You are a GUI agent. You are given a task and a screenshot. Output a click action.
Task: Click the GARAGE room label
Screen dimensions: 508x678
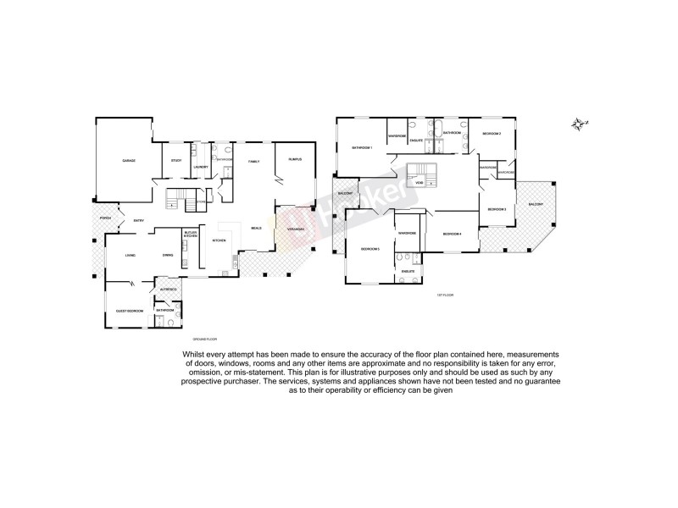tap(129, 160)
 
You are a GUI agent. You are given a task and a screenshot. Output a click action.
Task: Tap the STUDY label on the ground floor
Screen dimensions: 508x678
tap(176, 160)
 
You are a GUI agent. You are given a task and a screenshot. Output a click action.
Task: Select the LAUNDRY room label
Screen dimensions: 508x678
tap(201, 167)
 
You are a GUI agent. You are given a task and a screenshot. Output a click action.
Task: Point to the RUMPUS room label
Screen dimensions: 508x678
tap(295, 159)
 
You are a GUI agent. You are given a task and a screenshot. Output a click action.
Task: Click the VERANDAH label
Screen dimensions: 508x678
tap(296, 229)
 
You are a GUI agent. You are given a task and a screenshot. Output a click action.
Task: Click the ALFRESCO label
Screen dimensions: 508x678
tap(168, 290)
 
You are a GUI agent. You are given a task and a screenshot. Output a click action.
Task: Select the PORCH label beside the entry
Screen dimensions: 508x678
tap(105, 218)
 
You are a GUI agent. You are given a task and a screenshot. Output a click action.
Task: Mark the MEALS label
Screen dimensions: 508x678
tap(255, 228)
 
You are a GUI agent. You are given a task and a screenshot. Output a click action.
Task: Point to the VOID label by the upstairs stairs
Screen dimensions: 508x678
tap(419, 183)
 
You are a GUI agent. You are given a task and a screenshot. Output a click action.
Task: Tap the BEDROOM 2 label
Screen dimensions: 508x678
tap(492, 134)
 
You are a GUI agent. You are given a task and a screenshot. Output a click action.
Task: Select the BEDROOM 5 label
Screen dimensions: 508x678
tap(370, 249)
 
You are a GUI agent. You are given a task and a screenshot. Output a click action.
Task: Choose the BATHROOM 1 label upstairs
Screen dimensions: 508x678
tap(363, 148)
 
